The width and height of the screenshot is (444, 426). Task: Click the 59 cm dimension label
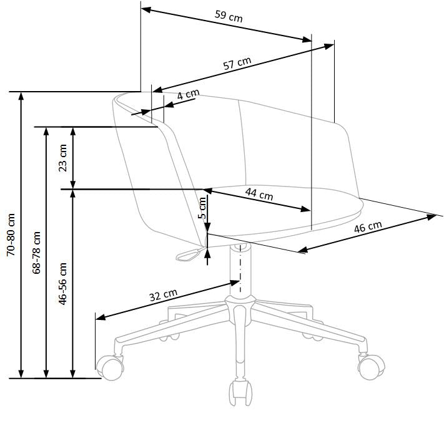tap(229, 17)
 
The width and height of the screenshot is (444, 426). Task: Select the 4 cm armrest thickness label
tap(188, 95)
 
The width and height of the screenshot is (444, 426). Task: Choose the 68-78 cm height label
tap(36, 252)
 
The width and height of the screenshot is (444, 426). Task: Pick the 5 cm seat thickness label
tap(202, 206)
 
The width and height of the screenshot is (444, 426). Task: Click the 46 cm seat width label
tap(368, 227)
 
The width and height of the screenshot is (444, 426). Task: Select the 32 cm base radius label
tap(164, 295)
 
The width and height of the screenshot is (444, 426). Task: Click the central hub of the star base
tap(239, 307)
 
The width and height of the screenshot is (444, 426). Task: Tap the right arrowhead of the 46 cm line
tap(432, 216)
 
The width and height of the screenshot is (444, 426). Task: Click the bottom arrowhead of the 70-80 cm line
tap(22, 374)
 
